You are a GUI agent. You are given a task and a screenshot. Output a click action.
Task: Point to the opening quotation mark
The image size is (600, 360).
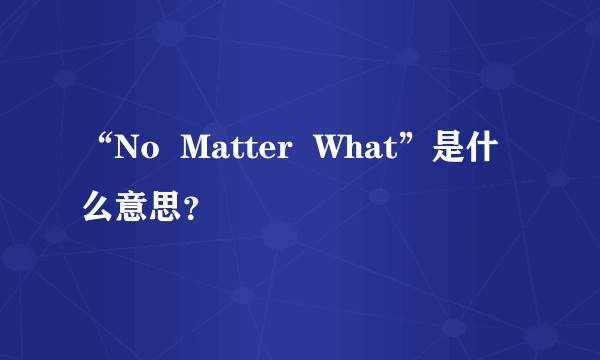point(100,143)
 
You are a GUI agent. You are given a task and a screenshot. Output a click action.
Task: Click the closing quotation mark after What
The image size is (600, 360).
point(412,143)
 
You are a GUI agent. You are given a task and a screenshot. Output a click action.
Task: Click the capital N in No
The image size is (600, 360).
point(127,153)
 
